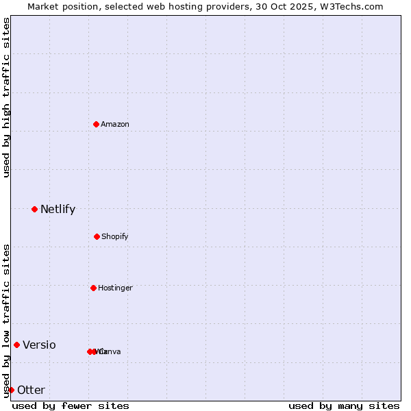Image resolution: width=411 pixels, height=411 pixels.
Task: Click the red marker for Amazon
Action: (x=97, y=124)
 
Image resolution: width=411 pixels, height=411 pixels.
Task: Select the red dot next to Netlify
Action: (x=34, y=209)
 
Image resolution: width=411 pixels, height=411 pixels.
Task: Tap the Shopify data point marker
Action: (x=97, y=236)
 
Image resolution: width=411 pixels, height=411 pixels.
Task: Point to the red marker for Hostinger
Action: (x=93, y=288)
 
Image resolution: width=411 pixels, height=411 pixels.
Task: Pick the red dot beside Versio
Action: (x=16, y=345)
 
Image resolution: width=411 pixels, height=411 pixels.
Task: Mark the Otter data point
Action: (x=11, y=390)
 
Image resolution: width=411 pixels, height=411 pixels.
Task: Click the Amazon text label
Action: (x=115, y=124)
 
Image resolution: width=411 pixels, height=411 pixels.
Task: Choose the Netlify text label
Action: (x=58, y=209)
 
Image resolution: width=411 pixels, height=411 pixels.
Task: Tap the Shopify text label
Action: (x=115, y=236)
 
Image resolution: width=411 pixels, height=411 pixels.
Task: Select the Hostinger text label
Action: (x=115, y=288)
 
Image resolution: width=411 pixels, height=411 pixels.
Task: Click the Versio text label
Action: (x=39, y=345)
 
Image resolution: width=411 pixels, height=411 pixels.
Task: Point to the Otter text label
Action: (x=31, y=390)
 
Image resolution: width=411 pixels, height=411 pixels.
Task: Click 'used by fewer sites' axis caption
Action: (x=71, y=406)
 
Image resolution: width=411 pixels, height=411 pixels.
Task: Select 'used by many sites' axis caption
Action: (x=344, y=406)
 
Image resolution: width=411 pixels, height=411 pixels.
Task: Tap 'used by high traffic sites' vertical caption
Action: (x=6, y=97)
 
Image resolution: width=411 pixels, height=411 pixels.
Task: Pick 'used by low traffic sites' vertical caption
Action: (x=6, y=321)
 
